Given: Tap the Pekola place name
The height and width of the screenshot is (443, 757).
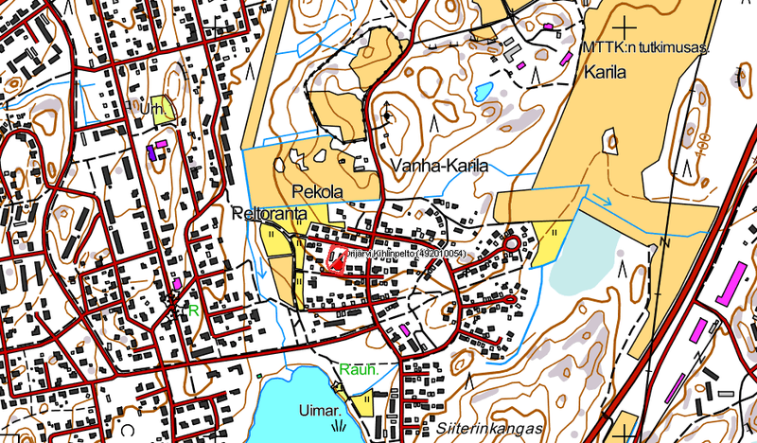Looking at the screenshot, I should [x=316, y=190].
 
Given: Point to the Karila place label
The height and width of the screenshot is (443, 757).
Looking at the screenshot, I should [x=608, y=72].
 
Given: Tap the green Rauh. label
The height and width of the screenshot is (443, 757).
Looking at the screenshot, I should [x=359, y=369].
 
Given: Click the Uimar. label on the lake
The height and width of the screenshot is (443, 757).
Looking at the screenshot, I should [x=320, y=413].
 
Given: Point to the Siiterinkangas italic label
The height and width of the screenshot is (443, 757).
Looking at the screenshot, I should [x=484, y=427].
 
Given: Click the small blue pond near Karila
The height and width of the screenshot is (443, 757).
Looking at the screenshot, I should [x=484, y=92].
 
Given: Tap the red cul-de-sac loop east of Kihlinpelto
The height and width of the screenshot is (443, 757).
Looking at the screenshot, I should [x=512, y=243].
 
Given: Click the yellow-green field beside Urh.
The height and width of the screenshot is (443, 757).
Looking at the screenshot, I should [x=167, y=106].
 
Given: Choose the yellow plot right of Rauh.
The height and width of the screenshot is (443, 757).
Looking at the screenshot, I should [x=366, y=406].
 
